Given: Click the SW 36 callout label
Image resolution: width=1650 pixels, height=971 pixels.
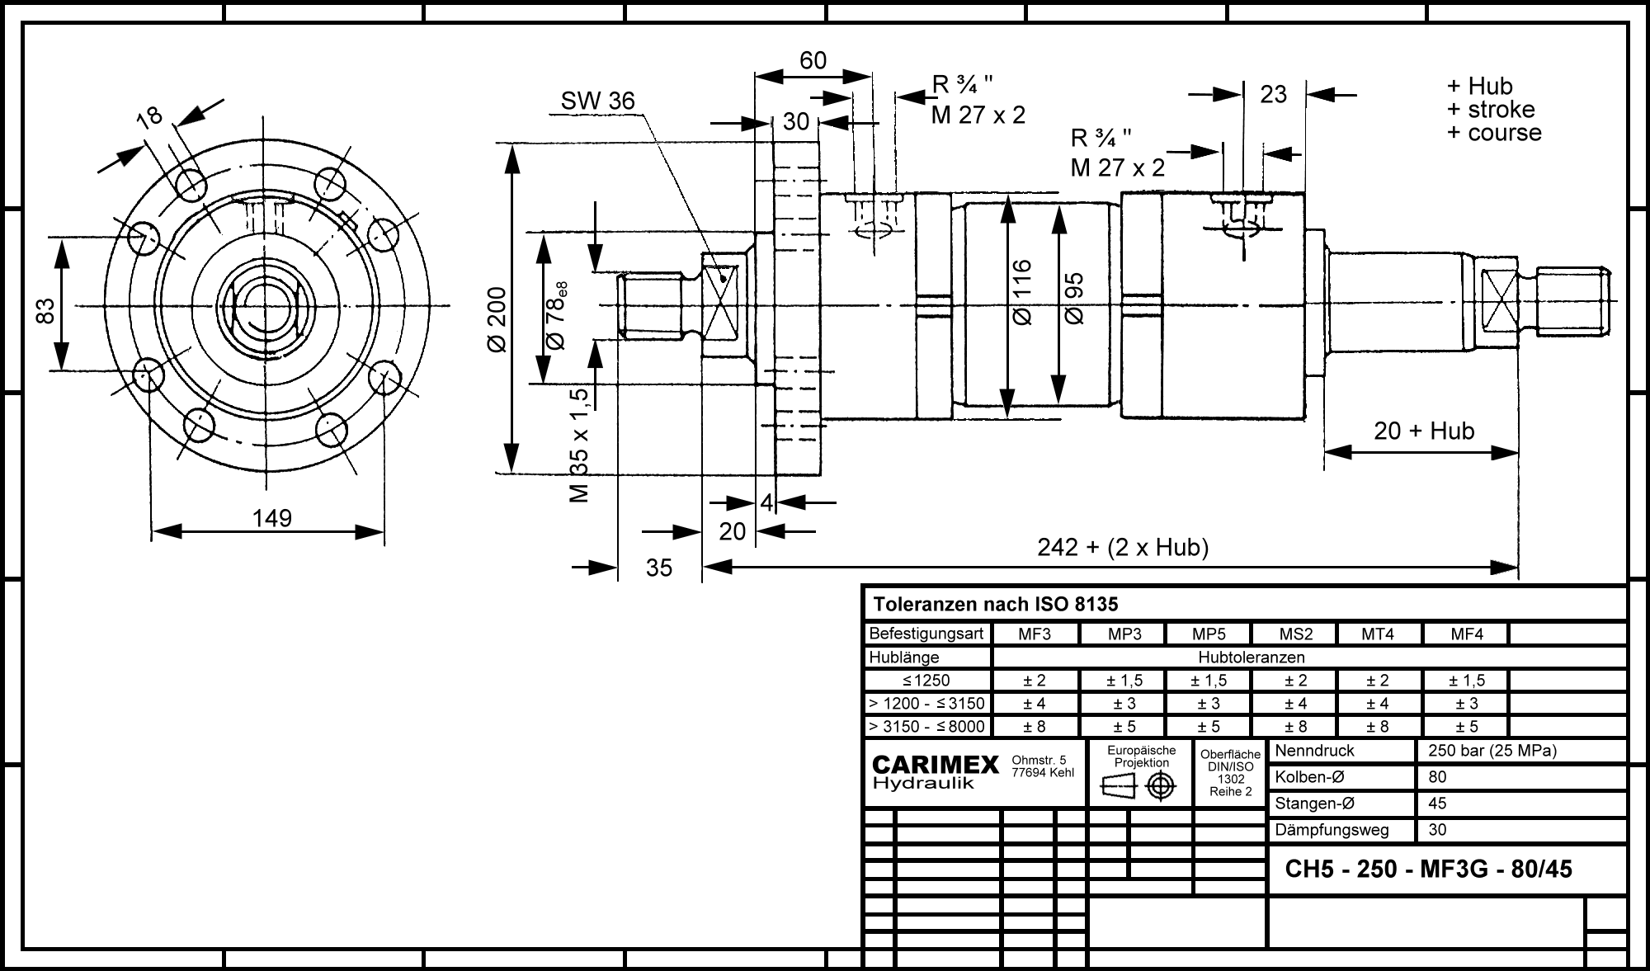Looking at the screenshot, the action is coord(598,101).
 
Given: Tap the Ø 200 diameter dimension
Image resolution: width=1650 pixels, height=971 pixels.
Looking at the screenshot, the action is coord(497,320).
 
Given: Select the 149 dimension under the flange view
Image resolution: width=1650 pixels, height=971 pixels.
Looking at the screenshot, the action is coord(272,518).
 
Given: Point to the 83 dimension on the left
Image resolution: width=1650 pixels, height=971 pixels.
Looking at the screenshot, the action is coord(46,310).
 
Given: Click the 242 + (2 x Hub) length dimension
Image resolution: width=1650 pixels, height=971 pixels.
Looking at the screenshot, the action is coord(1123,547).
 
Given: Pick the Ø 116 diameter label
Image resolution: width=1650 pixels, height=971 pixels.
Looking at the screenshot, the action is coord(1021,292).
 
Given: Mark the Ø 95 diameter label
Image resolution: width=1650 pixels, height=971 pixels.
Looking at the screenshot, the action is coord(1073,298).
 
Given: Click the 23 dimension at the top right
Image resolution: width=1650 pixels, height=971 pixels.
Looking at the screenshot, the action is coord(1273,95).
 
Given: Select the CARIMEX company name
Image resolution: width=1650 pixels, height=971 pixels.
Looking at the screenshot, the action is coord(936,764).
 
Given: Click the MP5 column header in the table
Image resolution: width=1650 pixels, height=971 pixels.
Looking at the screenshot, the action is coord(1209,634).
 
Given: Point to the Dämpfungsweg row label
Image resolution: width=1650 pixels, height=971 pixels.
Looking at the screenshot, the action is coord(1332,830).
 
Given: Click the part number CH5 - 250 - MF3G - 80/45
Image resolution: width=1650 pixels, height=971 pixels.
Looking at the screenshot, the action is coord(1429,869).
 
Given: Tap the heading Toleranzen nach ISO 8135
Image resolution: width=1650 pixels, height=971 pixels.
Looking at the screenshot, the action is coord(996,605).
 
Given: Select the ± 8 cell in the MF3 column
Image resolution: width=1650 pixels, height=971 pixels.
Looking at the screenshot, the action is coord(1035,727).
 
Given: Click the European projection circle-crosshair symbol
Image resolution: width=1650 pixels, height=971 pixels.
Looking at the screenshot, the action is coord(1161,787).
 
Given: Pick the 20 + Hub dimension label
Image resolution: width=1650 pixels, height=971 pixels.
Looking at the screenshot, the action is coord(1424,431).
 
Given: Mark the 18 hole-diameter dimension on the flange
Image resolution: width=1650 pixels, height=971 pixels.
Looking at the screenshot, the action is coord(150,116).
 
